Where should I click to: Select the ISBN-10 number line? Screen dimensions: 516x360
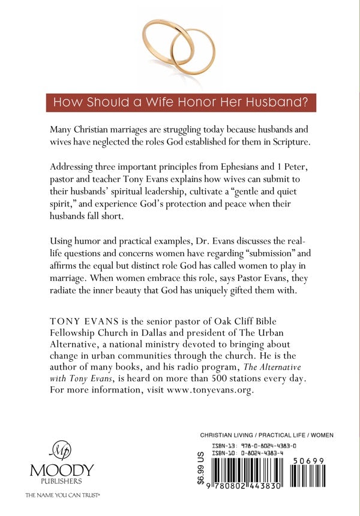point(254,454)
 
